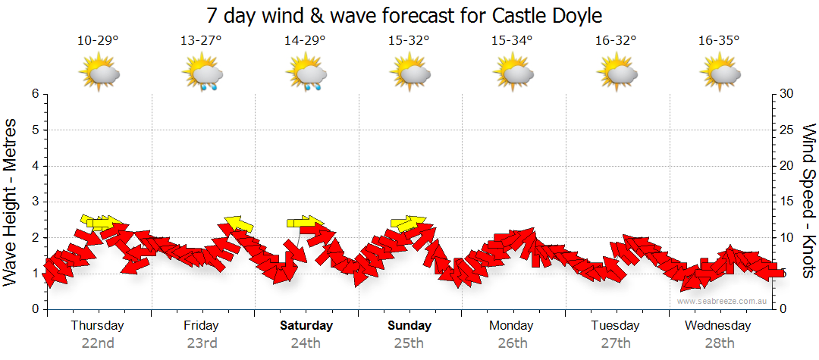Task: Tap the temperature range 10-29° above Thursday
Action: pyautogui.click(x=98, y=41)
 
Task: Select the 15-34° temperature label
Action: pyautogui.click(x=512, y=41)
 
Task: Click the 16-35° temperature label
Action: pyautogui.click(x=719, y=41)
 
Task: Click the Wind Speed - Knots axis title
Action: pyautogui.click(x=808, y=202)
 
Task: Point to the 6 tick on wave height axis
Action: pyautogui.click(x=35, y=94)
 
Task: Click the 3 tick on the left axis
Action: pyautogui.click(x=35, y=202)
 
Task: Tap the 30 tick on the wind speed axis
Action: pyautogui.click(x=786, y=94)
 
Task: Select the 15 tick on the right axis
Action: pyautogui.click(x=786, y=202)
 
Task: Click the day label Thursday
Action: pyautogui.click(x=98, y=326)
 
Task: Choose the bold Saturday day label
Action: pyautogui.click(x=306, y=326)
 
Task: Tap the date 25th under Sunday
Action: pyautogui.click(x=409, y=343)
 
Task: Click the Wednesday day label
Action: pyautogui.click(x=717, y=326)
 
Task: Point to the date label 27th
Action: pyautogui.click(x=616, y=343)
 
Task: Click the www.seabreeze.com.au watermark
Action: pyautogui.click(x=723, y=301)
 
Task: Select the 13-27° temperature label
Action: pyautogui.click(x=201, y=41)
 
